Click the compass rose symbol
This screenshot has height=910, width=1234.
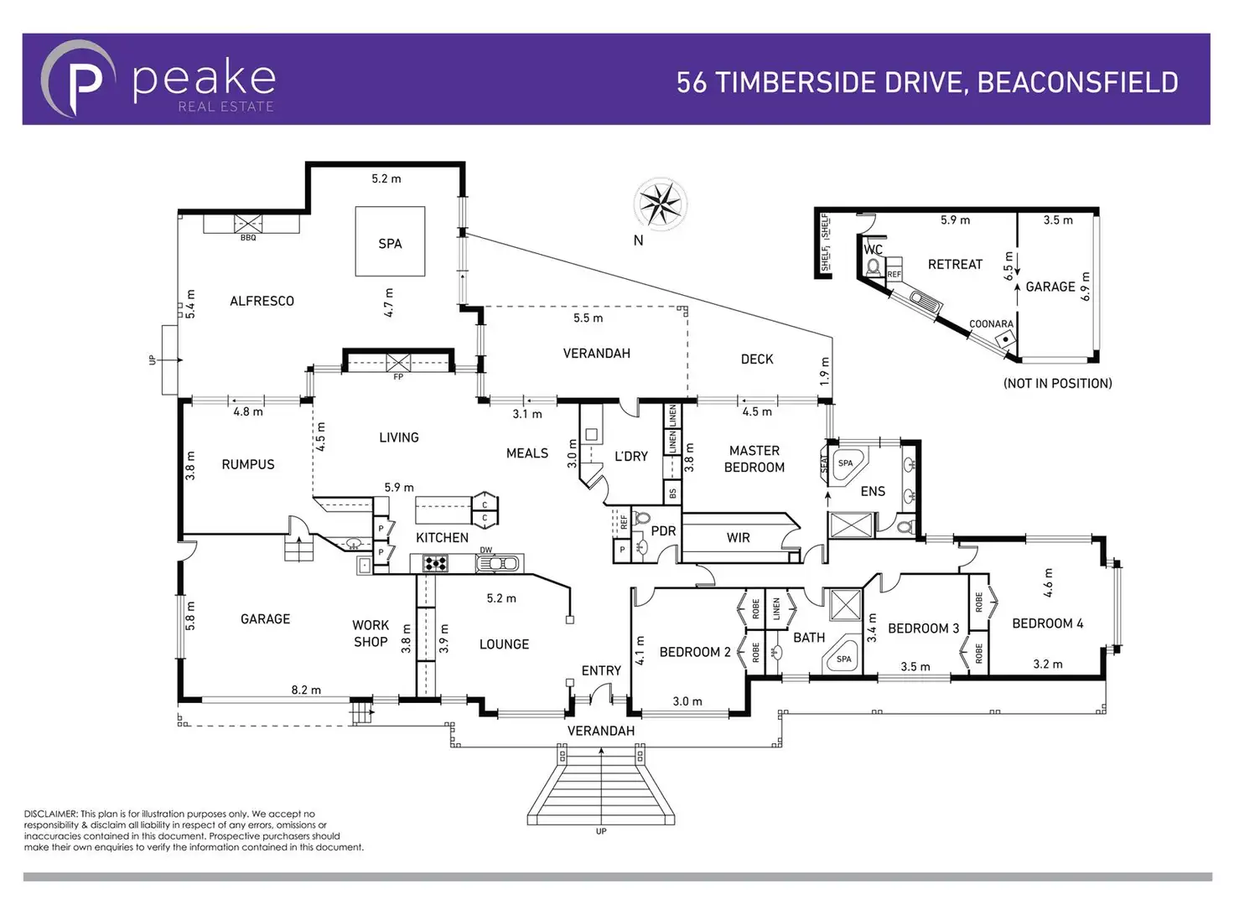[661, 204]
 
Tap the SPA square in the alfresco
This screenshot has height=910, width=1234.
[390, 241]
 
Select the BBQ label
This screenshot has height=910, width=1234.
[248, 238]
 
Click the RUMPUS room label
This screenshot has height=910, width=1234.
[248, 464]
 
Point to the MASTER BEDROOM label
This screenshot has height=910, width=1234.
[754, 459]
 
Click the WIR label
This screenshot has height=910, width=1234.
[739, 538]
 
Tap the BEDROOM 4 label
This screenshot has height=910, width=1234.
[1047, 623]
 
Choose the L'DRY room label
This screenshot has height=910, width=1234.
[630, 457]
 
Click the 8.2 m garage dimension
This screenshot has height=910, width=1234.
[306, 690]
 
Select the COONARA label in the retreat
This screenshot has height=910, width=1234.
[991, 324]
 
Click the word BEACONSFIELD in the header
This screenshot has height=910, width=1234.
[1077, 82]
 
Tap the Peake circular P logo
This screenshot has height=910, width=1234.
[79, 80]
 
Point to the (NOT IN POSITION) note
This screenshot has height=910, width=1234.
[1057, 384]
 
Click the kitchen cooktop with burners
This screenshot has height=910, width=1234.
[435, 563]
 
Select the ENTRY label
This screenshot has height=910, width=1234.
[601, 670]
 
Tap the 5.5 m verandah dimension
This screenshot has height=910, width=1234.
[588, 318]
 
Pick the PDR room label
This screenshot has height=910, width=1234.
[663, 531]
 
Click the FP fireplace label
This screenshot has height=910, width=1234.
[398, 377]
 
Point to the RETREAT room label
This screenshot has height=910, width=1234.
[955, 265]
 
